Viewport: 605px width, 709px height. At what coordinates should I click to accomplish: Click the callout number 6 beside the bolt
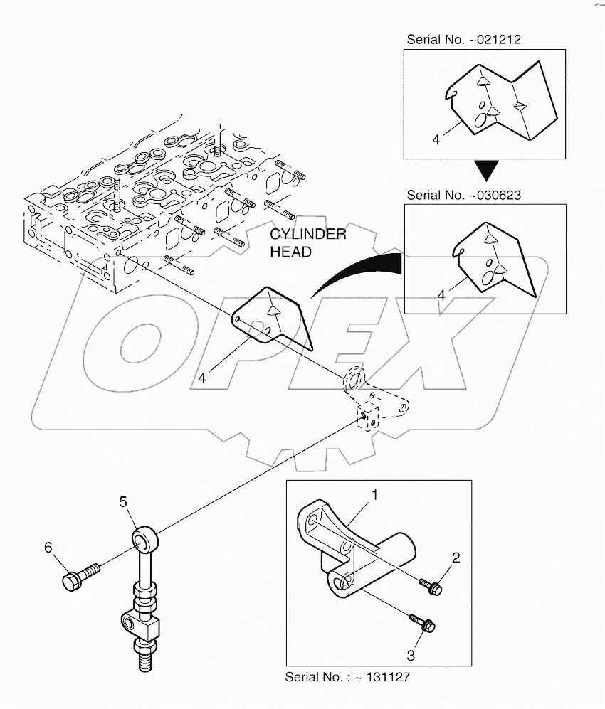coord(48,547)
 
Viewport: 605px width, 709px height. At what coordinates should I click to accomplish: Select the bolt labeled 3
coord(423,622)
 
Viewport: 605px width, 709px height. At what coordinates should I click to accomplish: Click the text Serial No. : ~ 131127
coord(347,676)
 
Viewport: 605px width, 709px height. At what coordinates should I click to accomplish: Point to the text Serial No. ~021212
coord(463,40)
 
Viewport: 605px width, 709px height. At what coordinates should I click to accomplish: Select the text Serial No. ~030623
coord(463,195)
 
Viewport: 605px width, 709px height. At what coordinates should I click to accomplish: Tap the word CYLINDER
coord(307,235)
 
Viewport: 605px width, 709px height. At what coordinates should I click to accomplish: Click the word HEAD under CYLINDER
coord(290,252)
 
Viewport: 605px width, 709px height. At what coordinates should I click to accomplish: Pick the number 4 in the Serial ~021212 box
coord(436,140)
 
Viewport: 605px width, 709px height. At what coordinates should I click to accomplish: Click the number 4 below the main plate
coord(202,378)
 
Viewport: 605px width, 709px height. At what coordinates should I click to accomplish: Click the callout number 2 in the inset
coord(455,558)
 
